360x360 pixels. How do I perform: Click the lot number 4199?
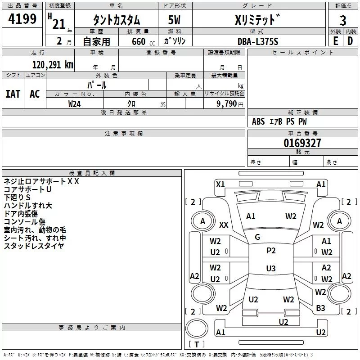tap(22, 18)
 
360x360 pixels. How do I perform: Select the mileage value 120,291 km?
tap(53, 65)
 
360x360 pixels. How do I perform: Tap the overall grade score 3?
tap(343, 21)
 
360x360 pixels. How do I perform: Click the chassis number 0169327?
tap(302, 143)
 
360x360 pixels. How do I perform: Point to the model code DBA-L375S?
tap(258, 41)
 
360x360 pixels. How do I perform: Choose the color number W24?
tap(74, 104)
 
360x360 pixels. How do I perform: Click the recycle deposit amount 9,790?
tap(227, 104)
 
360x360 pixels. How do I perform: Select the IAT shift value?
tap(13, 94)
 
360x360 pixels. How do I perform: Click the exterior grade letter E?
tap(335, 41)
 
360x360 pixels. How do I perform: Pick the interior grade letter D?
tap(350, 41)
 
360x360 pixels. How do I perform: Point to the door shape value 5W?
tap(174, 20)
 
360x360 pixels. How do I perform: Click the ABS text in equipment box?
tap(258, 121)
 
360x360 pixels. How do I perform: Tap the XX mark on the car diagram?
tap(224, 225)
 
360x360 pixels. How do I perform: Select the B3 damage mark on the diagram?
tap(320, 308)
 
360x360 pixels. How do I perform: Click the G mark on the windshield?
tap(257, 237)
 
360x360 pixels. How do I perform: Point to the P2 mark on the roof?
tap(271, 251)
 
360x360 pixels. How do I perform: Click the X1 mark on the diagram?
tap(220, 184)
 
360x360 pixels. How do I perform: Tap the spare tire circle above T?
tap(197, 328)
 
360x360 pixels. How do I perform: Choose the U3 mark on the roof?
tap(271, 268)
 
